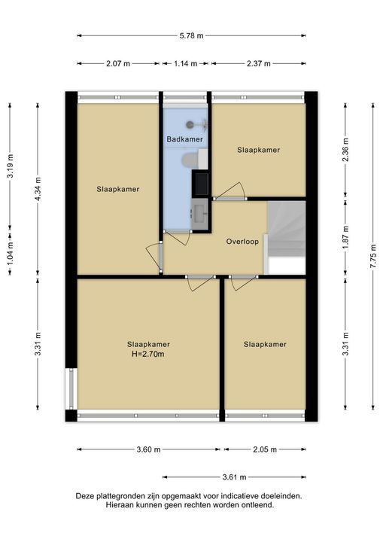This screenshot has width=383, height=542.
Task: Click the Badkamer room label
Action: (184, 139)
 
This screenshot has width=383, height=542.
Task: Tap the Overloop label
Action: (242, 242)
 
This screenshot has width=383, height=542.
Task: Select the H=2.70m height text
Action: (148, 354)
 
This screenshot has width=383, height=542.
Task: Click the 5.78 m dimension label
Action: (191, 35)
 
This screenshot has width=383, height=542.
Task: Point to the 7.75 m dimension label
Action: (372, 256)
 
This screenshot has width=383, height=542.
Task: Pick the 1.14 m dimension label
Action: (185, 63)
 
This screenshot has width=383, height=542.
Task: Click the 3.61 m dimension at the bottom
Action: (234, 477)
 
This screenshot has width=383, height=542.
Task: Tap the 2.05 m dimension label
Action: (264, 449)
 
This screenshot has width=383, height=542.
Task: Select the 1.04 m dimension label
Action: (10, 253)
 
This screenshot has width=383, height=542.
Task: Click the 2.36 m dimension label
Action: (345, 150)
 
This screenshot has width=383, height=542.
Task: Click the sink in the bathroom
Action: (199, 215)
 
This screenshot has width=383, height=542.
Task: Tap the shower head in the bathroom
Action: (190, 124)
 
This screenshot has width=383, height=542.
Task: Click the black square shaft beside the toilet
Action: (200, 184)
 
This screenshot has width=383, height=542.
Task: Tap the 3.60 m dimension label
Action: (148, 449)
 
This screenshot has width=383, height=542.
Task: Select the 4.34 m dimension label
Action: (38, 189)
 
